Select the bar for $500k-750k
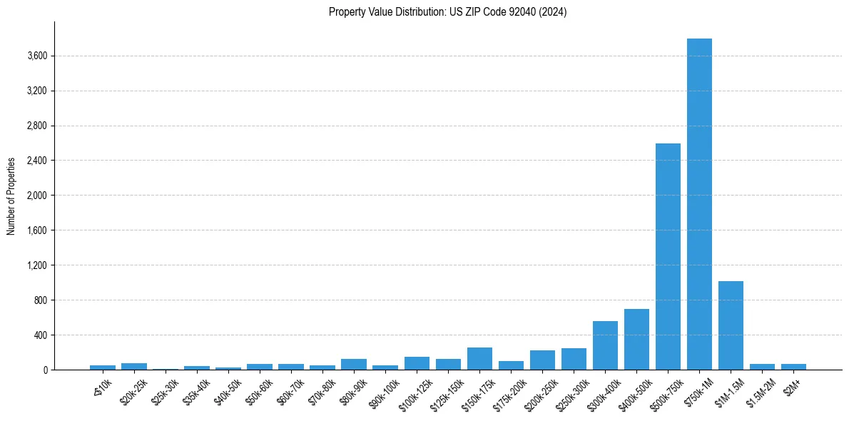[x=668, y=257]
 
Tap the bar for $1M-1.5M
[x=731, y=325]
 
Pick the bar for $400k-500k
[x=636, y=340]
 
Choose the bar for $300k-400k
[x=605, y=345]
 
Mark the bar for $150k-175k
[x=479, y=359]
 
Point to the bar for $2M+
[x=793, y=367]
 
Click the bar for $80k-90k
[x=354, y=365]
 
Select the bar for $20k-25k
[x=134, y=367]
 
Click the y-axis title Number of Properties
[x=11, y=196]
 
